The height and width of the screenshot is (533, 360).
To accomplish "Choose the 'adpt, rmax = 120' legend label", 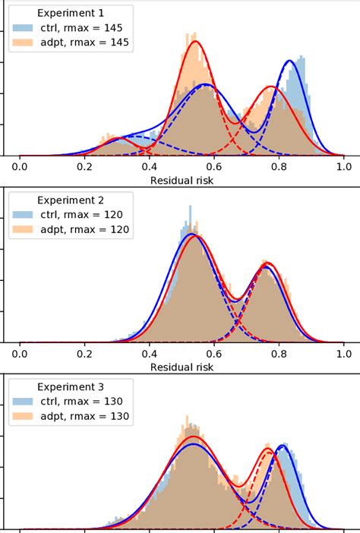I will coord(83,229).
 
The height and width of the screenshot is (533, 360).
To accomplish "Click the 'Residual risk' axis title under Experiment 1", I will coord(182,181).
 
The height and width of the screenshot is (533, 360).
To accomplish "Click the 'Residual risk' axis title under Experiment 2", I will coord(182,367).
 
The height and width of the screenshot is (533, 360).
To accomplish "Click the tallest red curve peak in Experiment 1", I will coord(195,42).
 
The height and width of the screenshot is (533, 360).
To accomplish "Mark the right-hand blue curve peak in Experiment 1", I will coord(290,61).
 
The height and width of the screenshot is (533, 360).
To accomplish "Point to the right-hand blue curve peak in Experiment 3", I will coord(283,446).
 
